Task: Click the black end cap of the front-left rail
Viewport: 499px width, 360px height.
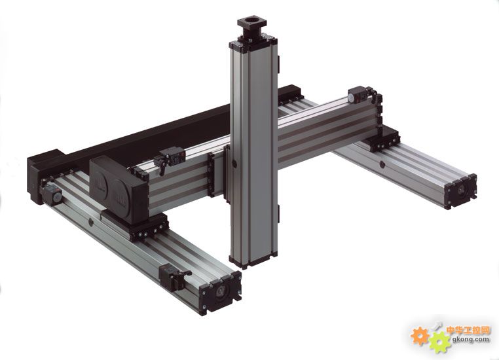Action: pyautogui.click(x=220, y=293)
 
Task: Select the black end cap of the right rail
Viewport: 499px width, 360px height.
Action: pyautogui.click(x=460, y=191)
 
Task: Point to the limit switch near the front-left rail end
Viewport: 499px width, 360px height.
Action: pyautogui.click(x=174, y=277)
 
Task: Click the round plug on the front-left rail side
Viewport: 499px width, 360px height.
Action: pyautogui.click(x=91, y=222)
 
